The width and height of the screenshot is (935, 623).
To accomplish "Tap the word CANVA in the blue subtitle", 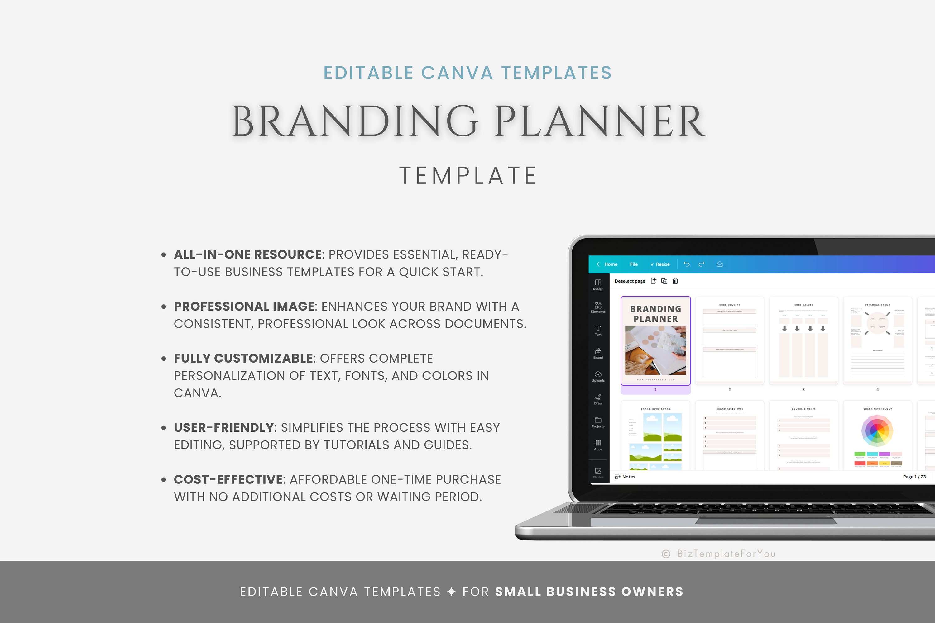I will pyautogui.click(x=457, y=73).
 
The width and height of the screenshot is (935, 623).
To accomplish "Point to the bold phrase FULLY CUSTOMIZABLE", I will pyautogui.click(x=243, y=359).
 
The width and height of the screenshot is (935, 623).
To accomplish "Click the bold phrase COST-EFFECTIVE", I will pyautogui.click(x=228, y=480).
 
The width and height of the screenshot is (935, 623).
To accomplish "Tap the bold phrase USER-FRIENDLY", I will pyautogui.click(x=224, y=427).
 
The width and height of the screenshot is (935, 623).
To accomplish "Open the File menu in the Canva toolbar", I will pyautogui.click(x=634, y=264).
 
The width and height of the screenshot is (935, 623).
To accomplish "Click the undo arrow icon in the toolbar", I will pyautogui.click(x=687, y=264).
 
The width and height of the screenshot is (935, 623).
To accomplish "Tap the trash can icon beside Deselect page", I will pyautogui.click(x=675, y=281).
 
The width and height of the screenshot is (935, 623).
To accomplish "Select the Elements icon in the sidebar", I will pyautogui.click(x=598, y=307).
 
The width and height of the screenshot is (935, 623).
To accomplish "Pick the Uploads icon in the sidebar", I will pyautogui.click(x=598, y=376).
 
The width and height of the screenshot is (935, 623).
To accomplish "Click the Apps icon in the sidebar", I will pyautogui.click(x=598, y=445).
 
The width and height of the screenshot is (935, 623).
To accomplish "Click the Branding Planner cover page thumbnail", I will pyautogui.click(x=655, y=341).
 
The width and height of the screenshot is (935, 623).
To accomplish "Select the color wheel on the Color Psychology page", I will pyautogui.click(x=877, y=431).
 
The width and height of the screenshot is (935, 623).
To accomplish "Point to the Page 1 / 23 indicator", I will pyautogui.click(x=914, y=477).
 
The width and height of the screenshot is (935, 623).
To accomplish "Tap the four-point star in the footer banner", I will pyautogui.click(x=451, y=592).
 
